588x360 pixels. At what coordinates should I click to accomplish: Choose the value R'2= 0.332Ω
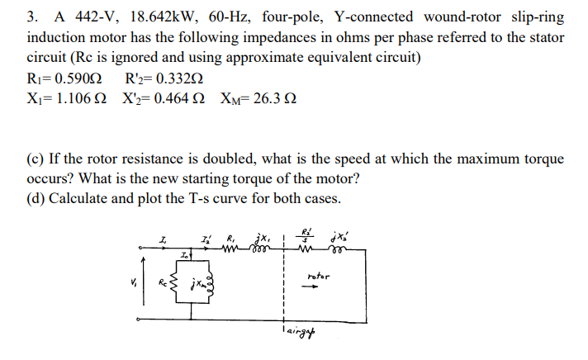point(164,82)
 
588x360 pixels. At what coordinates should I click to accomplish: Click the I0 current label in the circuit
point(188,258)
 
